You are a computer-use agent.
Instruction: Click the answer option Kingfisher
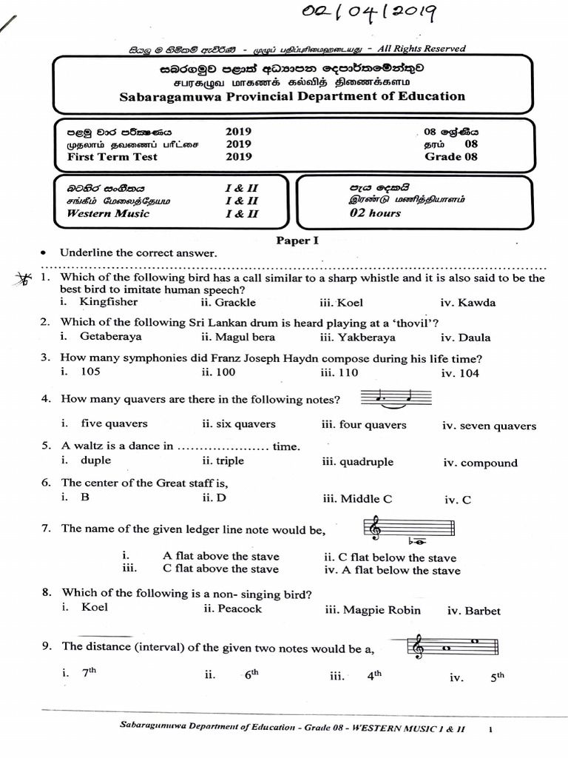(109, 302)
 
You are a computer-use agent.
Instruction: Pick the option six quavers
(238, 424)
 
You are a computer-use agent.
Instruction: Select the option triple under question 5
(230, 460)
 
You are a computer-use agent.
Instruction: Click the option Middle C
(357, 499)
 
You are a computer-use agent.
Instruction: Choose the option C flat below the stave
(390, 557)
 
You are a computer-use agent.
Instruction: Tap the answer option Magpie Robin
(373, 610)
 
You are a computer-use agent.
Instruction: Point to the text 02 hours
(375, 213)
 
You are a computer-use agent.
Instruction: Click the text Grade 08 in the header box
(451, 156)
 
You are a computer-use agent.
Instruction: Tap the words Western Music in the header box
(108, 213)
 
